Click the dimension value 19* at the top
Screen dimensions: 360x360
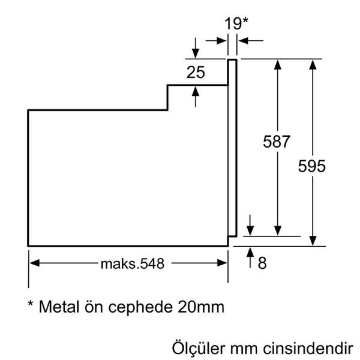(236, 24)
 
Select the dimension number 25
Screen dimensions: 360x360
(195, 72)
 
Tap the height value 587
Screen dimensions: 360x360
(276, 141)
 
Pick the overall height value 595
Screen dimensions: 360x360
(312, 166)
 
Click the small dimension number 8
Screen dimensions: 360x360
(262, 264)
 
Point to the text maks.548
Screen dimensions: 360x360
(132, 264)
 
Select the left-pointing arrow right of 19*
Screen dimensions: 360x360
(251, 41)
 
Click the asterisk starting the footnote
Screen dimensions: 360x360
(31, 304)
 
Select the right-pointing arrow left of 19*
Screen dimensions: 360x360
(216, 41)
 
